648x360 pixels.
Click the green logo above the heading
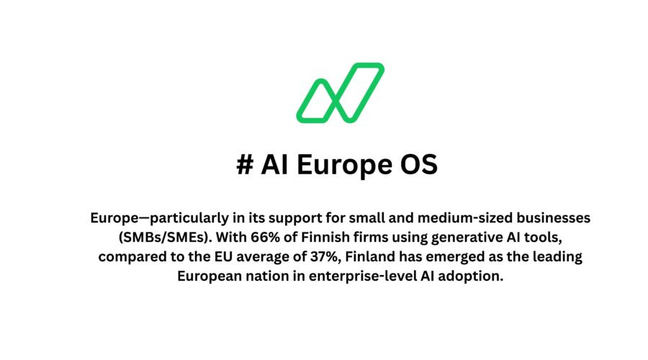coord(340,92)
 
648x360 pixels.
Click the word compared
coord(132,257)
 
